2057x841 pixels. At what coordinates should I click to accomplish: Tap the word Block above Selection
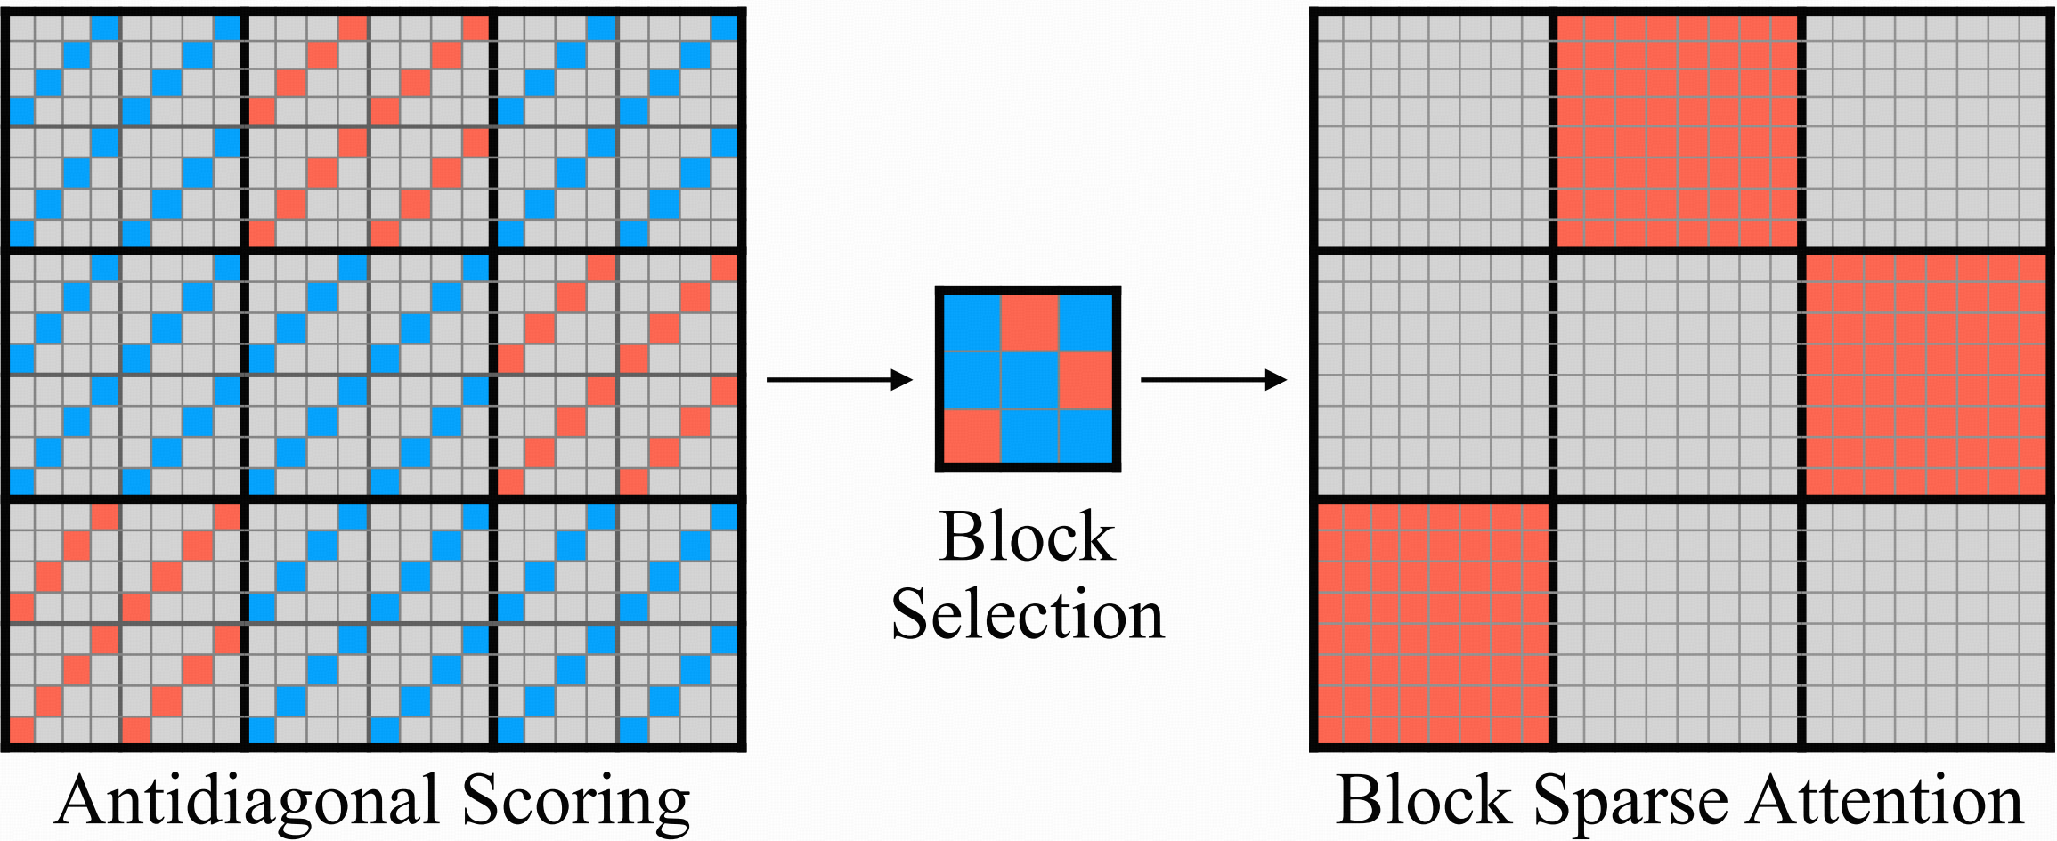click(1027, 538)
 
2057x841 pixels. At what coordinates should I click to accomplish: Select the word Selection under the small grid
click(1028, 614)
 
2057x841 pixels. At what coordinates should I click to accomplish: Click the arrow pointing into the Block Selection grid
click(839, 380)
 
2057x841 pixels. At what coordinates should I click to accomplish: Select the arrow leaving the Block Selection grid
click(1213, 380)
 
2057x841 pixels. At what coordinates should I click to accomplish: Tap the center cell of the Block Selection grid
click(1028, 380)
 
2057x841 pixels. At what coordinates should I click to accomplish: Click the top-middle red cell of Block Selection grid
click(1028, 323)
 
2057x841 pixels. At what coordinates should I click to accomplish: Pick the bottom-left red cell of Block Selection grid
click(972, 436)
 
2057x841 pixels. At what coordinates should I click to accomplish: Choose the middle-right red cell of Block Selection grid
click(1085, 380)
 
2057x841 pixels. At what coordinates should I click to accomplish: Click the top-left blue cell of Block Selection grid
click(972, 323)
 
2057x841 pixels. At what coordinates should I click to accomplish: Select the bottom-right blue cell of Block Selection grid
click(1085, 436)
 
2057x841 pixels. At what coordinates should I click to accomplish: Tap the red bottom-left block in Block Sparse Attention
click(1433, 623)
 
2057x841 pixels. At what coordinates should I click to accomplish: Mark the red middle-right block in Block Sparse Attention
click(1926, 375)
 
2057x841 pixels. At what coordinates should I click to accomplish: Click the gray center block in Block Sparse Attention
click(1677, 375)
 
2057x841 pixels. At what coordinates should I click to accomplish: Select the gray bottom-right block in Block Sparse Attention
click(1926, 623)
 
